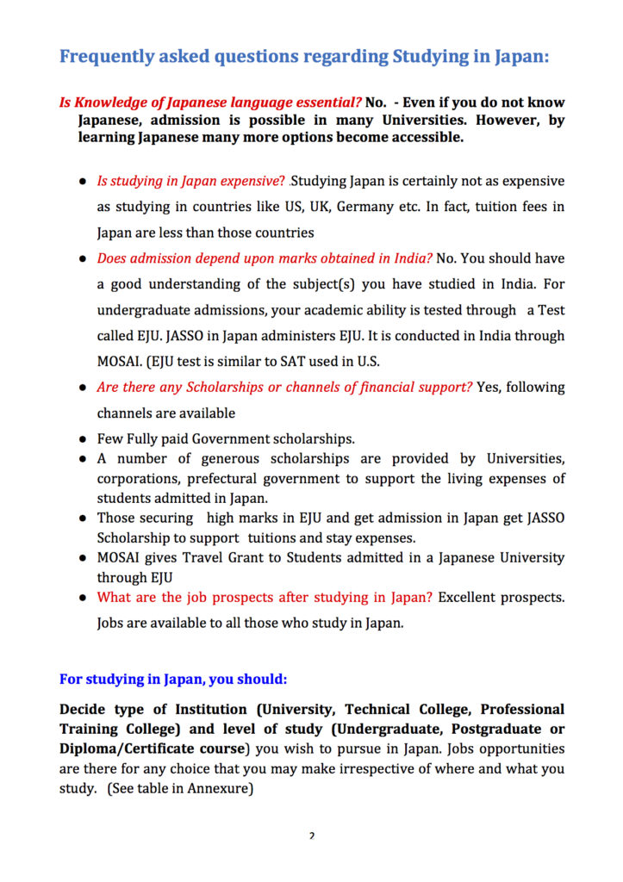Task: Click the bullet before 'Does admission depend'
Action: (83, 259)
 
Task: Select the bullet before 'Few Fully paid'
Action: (83, 439)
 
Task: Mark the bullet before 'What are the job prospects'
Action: (83, 598)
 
